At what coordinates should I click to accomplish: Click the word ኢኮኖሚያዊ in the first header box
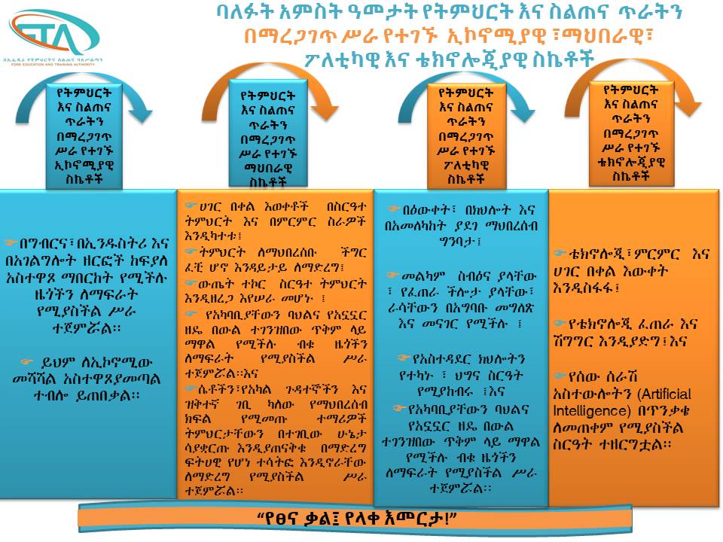click(84, 165)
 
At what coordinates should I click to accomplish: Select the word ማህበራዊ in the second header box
click(268, 168)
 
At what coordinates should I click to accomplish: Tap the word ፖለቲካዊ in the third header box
click(465, 165)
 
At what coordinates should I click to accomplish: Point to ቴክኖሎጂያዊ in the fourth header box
click(631, 162)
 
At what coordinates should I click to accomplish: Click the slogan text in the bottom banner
click(356, 519)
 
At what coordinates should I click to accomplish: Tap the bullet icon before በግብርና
click(11, 242)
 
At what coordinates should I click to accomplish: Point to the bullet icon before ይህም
click(27, 362)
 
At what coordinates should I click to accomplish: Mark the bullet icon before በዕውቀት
click(393, 209)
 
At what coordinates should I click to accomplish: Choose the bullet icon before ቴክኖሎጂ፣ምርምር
click(560, 253)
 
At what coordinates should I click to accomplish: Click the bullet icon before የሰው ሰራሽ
click(560, 376)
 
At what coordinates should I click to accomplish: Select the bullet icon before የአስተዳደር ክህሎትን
click(404, 358)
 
